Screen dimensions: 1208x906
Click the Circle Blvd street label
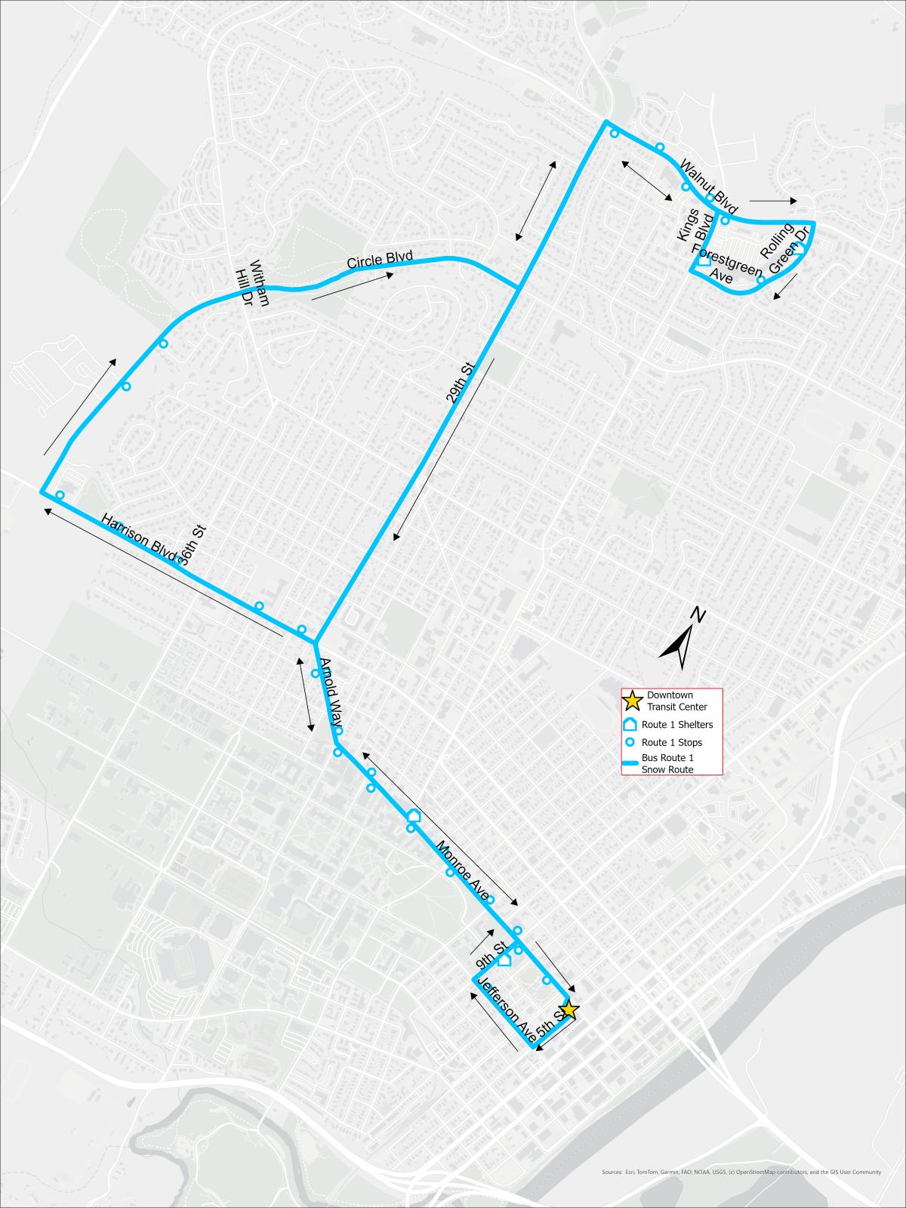click(x=380, y=260)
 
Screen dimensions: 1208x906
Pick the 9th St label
click(x=491, y=956)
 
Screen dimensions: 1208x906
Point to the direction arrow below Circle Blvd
click(x=352, y=287)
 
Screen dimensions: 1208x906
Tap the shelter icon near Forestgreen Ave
click(x=704, y=260)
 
